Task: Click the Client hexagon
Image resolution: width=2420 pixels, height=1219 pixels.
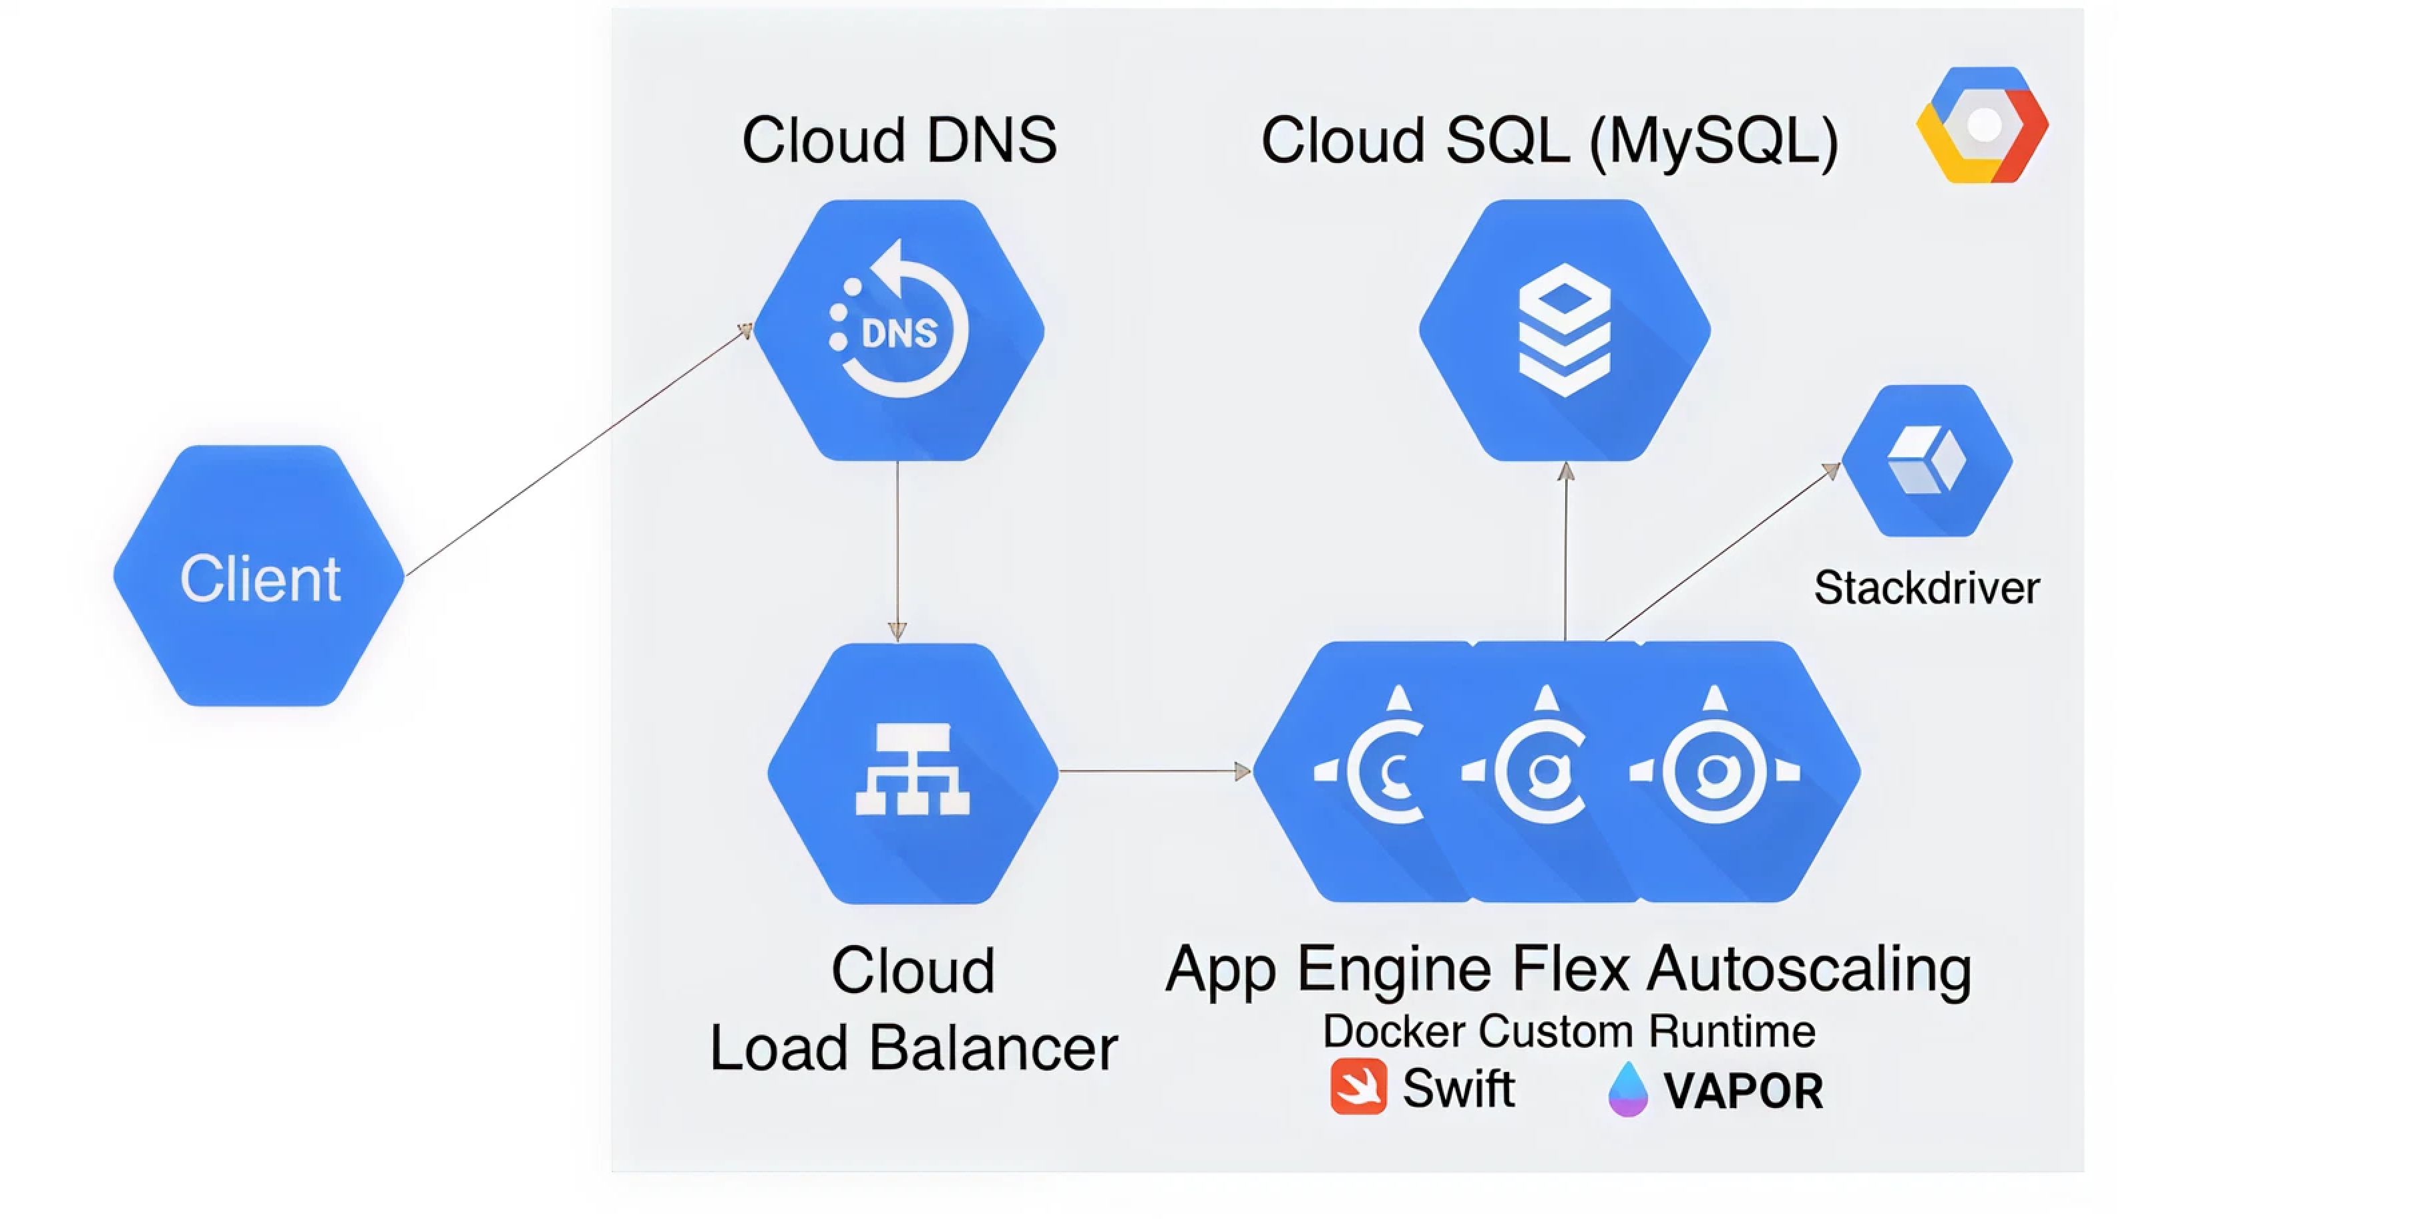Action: [258, 576]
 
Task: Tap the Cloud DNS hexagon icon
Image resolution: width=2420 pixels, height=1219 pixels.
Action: [899, 330]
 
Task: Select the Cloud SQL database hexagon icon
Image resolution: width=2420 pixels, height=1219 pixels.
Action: [1564, 330]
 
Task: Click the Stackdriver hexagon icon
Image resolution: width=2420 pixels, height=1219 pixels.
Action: [1927, 460]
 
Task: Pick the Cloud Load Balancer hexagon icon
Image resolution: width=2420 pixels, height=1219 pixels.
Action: [912, 773]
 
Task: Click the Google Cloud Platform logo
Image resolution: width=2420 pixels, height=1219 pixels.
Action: [1982, 125]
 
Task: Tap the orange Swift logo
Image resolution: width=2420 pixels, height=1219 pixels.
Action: [1358, 1087]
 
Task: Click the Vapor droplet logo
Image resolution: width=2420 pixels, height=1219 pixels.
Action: [1627, 1089]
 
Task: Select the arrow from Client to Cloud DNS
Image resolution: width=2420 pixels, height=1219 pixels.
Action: [578, 451]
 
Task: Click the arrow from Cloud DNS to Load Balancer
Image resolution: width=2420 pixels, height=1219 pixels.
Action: [897, 550]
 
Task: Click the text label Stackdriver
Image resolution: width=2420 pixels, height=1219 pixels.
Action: [1926, 588]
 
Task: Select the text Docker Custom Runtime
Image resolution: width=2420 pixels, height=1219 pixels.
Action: [1568, 1031]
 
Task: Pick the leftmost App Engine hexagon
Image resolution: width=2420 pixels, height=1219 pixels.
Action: [1372, 773]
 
